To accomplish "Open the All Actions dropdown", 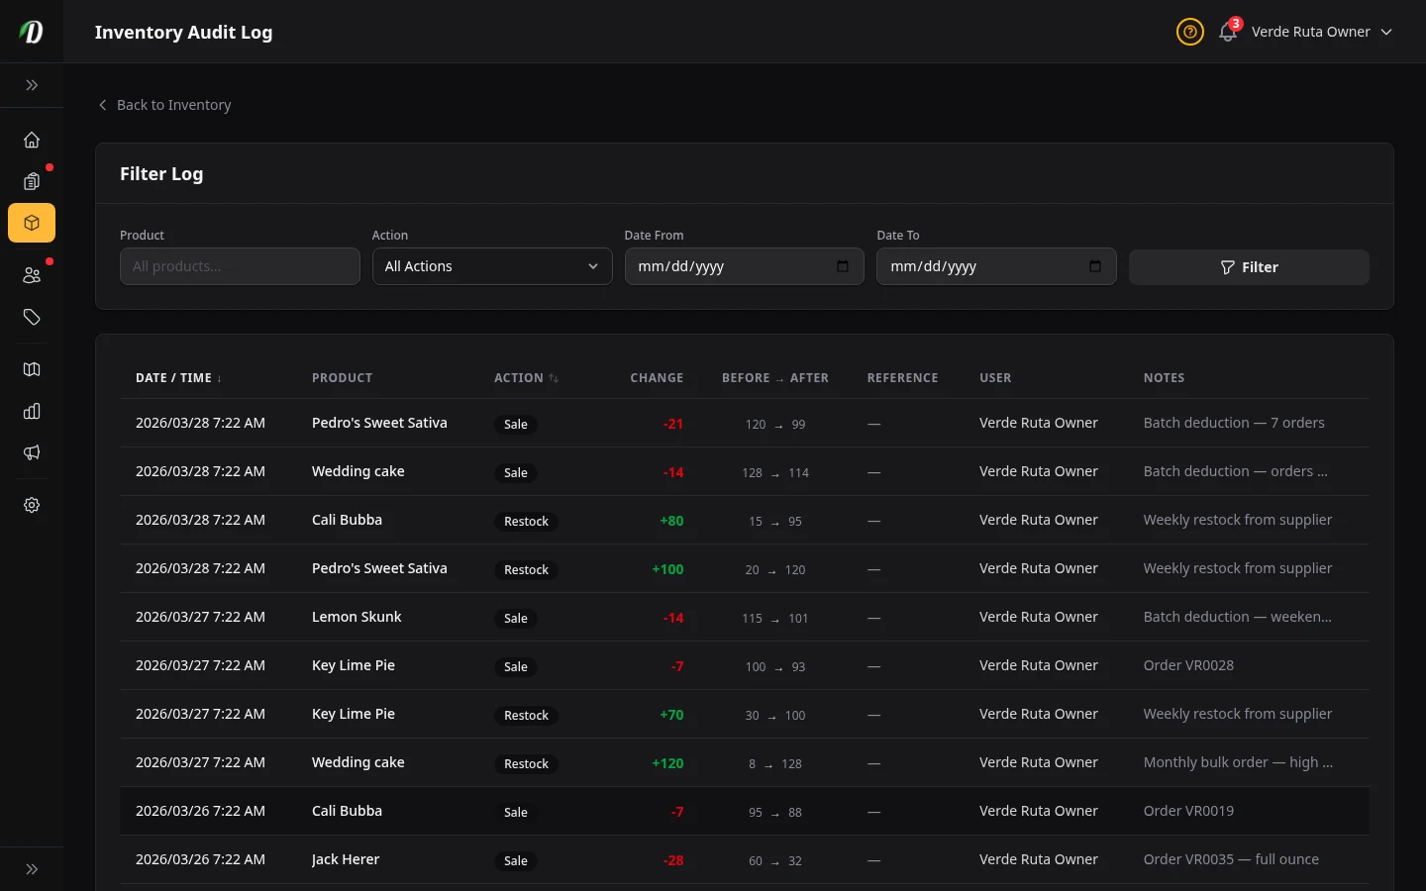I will coord(491,266).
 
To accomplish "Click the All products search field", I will coord(240,266).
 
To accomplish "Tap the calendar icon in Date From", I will coord(843,266).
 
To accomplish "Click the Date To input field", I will coord(980,266).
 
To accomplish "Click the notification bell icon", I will coord(1228,32).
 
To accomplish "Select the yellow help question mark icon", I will coord(1189,32).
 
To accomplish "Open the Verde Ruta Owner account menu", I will coord(1321,32).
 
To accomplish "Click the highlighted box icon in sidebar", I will coord(32,224).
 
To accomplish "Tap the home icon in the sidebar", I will coord(32,140).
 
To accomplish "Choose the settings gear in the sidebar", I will coord(32,505).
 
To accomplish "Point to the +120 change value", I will coord(667,763).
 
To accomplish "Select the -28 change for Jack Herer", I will coord(673,860).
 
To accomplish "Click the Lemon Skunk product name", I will coord(356,617).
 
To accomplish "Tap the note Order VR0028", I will coord(1188,665).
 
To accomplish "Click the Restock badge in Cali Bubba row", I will coord(526,522).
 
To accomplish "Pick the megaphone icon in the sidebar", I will coord(32,452).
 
